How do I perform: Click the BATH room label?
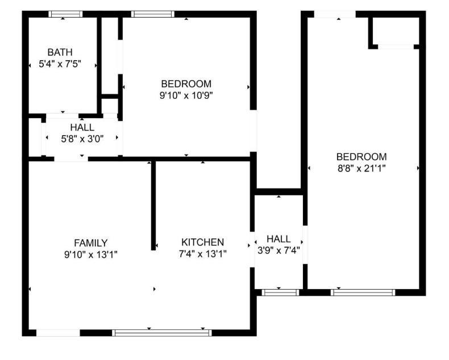[60, 53]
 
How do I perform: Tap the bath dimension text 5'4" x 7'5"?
[60, 65]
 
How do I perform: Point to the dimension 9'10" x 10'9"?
[186, 96]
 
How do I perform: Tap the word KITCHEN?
[202, 242]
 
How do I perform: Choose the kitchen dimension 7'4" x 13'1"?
[202, 254]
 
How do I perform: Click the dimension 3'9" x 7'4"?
[278, 250]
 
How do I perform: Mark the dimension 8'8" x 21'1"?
[361, 168]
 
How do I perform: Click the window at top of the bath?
[65, 14]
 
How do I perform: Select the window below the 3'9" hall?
[280, 292]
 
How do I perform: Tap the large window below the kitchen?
[162, 333]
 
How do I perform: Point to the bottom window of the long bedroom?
[363, 292]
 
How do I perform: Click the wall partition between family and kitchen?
[153, 204]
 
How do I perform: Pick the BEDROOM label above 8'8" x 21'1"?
[361, 157]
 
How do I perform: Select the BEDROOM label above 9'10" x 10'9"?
[186, 84]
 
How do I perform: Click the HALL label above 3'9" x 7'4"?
[278, 239]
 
